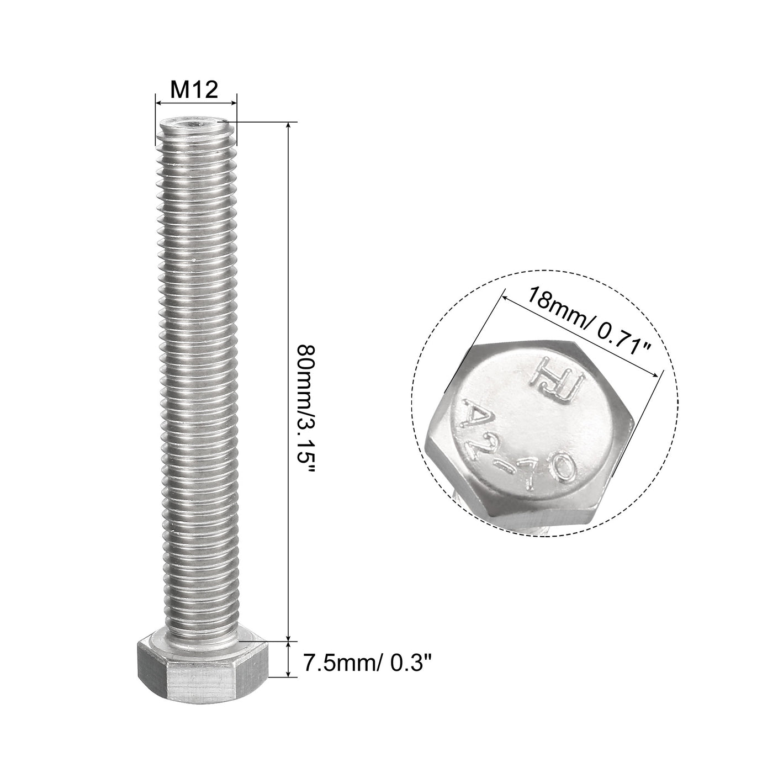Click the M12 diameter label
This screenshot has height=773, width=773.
pyautogui.click(x=195, y=89)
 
